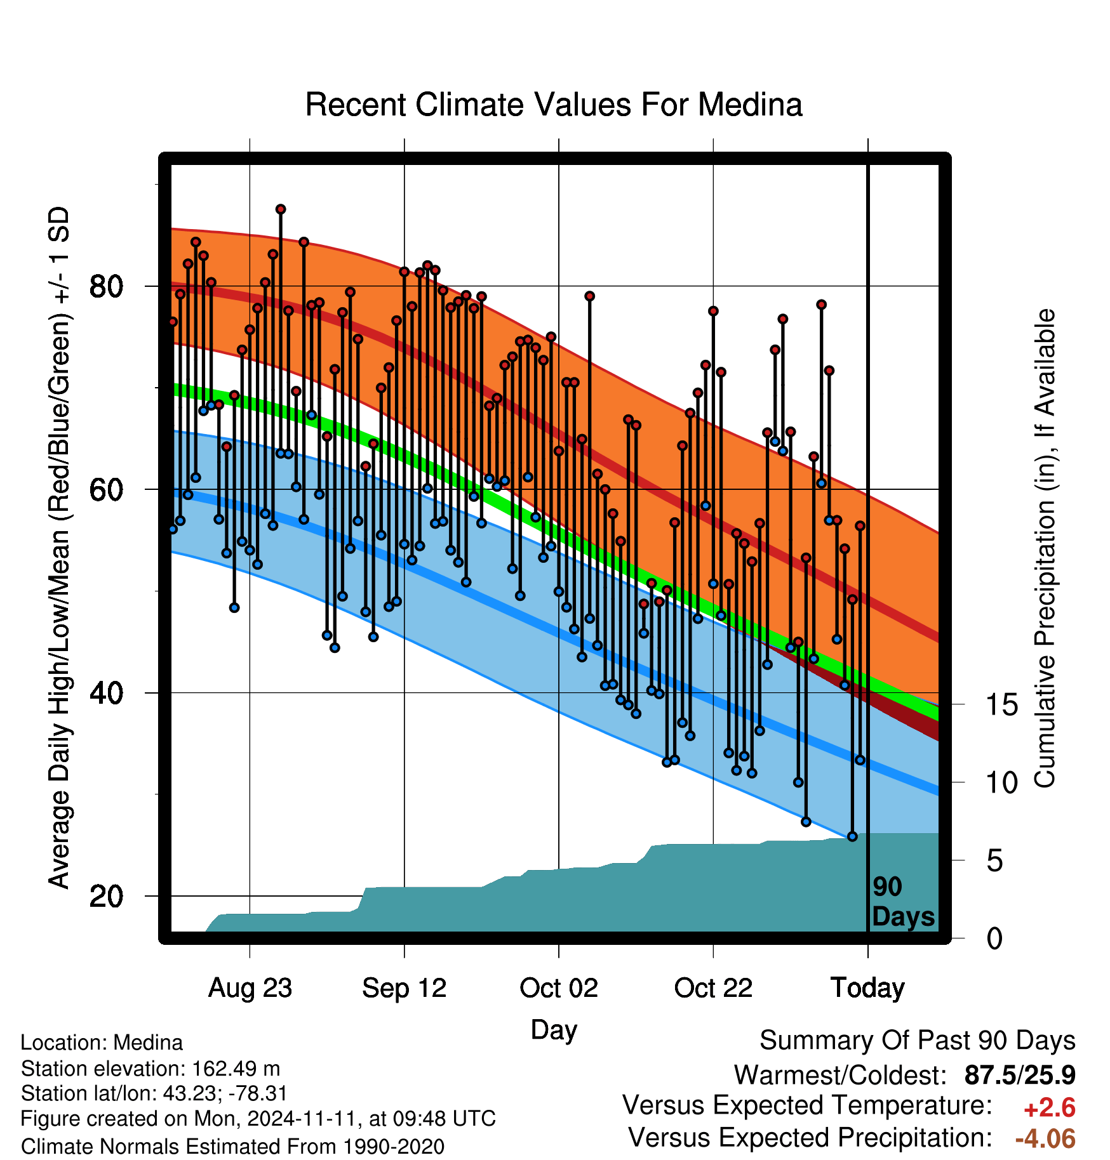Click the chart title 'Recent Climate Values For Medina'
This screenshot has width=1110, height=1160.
554,105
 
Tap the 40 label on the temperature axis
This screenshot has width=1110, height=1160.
106,693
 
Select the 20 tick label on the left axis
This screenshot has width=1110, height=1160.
106,896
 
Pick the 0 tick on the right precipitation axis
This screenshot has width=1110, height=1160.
994,939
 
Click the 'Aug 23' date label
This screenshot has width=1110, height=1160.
250,988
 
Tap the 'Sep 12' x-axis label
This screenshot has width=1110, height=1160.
405,988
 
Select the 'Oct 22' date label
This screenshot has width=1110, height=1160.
713,988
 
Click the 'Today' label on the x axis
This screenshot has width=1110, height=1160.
868,988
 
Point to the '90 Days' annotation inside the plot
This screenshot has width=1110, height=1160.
903,902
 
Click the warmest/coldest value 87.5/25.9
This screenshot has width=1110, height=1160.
1020,1075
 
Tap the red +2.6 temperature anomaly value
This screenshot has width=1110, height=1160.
1050,1108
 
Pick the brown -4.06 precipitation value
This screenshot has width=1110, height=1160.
1045,1138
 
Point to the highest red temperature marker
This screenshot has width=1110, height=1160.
281,209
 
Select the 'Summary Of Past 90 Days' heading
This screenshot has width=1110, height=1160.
918,1041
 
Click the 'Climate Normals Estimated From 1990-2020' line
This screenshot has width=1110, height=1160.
232,1147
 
